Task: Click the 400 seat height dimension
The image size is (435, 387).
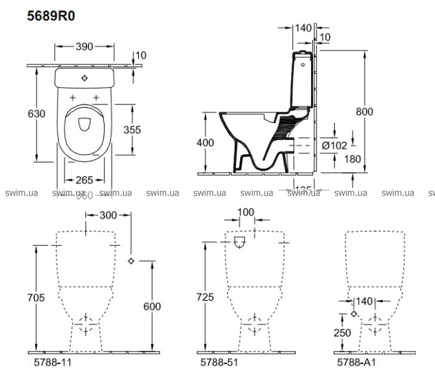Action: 204,143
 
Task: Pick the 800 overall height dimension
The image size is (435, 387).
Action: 365,111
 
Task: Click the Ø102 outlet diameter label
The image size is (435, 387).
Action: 334,145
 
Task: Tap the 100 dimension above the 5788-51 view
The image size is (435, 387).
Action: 246,212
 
